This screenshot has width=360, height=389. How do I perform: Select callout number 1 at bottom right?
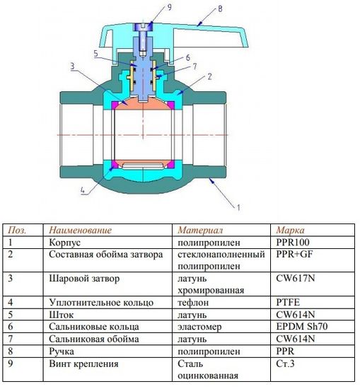[238, 207]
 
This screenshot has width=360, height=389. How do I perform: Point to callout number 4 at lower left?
[83, 190]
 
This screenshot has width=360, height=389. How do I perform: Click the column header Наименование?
[80, 230]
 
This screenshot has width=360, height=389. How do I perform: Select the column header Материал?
[200, 230]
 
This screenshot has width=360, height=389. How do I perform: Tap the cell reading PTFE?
[288, 302]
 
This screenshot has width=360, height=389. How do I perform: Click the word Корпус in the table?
[64, 241]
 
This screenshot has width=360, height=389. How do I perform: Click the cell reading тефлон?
[195, 302]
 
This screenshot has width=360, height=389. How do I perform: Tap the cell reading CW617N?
[295, 278]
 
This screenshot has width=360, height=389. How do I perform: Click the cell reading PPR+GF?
[296, 254]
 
